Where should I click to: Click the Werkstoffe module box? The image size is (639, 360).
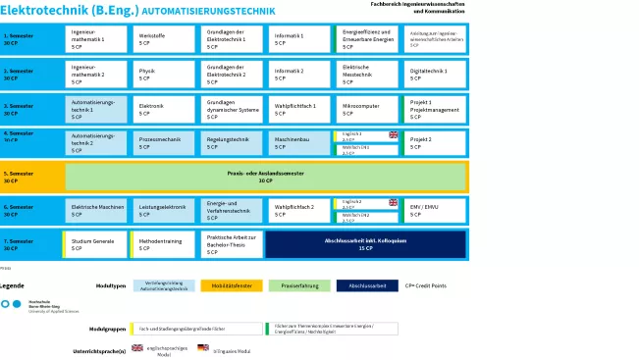(164, 39)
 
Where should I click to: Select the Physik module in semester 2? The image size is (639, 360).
(164, 75)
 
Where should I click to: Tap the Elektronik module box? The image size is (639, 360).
(164, 109)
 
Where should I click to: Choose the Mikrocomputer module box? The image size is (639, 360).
(366, 109)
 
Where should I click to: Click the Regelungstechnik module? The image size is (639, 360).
(232, 143)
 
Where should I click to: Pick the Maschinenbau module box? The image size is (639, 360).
(298, 143)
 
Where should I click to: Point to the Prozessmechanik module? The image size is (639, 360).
(164, 143)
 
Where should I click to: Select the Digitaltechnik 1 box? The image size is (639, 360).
(435, 75)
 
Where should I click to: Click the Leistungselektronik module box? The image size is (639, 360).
(164, 211)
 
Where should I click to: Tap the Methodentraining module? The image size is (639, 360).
(164, 244)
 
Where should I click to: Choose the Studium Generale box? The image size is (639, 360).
(96, 244)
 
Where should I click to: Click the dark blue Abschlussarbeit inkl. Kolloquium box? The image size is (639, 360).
(365, 244)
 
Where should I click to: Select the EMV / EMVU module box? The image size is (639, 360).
(435, 211)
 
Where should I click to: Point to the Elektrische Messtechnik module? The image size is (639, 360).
(366, 75)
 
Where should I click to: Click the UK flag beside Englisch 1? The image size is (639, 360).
(394, 135)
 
